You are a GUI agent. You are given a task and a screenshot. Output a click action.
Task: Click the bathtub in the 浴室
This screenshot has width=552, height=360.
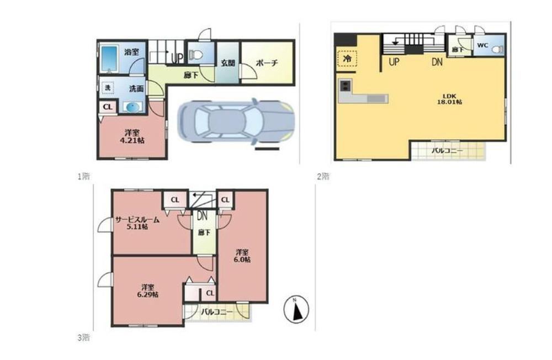pyautogui.click(x=109, y=59)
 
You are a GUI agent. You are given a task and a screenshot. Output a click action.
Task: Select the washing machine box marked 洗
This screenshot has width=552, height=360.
pyautogui.click(x=108, y=87)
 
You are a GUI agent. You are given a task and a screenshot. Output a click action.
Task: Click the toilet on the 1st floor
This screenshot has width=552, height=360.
pyautogui.click(x=195, y=55)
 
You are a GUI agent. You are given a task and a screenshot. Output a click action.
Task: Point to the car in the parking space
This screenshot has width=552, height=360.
pyautogui.click(x=236, y=121)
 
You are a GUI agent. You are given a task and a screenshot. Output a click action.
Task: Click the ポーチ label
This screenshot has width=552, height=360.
pyautogui.click(x=267, y=63)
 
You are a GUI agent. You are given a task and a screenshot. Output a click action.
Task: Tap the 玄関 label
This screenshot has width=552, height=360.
pyautogui.click(x=228, y=63)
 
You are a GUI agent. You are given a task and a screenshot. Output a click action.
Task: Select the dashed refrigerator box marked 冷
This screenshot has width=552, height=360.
pyautogui.click(x=347, y=59)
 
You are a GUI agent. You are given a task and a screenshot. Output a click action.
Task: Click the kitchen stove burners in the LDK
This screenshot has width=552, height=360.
pyautogui.click(x=344, y=85)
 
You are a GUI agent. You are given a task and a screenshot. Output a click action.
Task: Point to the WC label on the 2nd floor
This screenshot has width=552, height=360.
pyautogui.click(x=482, y=45)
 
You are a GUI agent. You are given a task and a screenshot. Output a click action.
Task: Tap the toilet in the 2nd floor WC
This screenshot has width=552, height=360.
pyautogui.click(x=498, y=49)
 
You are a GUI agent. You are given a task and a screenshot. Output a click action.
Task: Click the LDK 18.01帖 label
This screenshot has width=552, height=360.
pyautogui.click(x=449, y=99)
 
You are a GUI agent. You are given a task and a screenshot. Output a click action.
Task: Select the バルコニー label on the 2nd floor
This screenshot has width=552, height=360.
pyautogui.click(x=447, y=151)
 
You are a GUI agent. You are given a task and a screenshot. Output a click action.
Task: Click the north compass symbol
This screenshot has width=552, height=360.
pyautogui.click(x=296, y=309)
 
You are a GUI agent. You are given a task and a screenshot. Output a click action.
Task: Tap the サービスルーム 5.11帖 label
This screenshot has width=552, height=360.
pyautogui.click(x=137, y=223)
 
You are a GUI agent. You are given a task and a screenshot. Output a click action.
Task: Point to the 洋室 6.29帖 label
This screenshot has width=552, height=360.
pyautogui.click(x=147, y=290)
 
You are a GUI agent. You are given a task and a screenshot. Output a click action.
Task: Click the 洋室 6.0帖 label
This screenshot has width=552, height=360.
pyautogui.click(x=242, y=256)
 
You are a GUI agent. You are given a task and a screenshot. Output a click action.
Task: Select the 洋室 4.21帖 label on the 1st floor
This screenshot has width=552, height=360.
pyautogui.click(x=132, y=136)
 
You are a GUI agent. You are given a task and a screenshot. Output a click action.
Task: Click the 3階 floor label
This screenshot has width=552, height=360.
pyautogui.click(x=83, y=337)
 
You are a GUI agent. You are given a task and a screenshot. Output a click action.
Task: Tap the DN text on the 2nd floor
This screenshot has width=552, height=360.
pyautogui.click(x=437, y=62)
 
